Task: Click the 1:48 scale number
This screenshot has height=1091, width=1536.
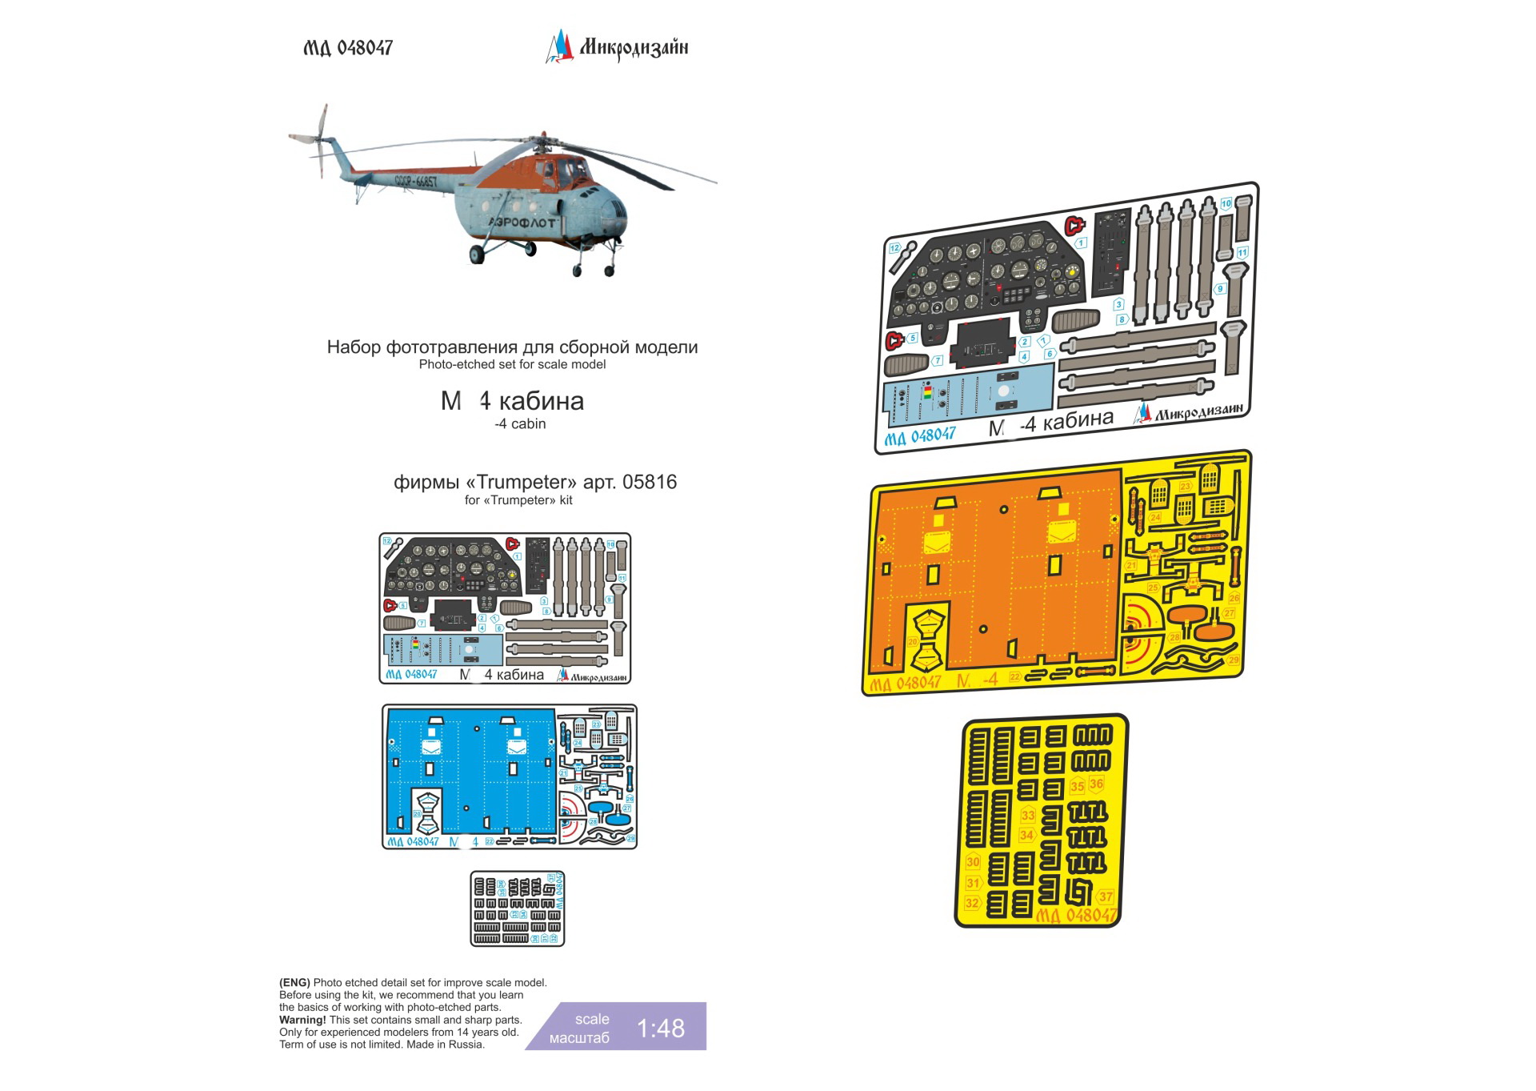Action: pos(660,1029)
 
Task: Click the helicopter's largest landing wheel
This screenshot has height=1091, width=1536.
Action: pos(477,254)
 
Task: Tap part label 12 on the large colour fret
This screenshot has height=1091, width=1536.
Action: pos(894,248)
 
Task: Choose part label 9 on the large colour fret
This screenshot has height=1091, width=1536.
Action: pos(1220,289)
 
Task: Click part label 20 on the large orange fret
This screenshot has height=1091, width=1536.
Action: pos(913,642)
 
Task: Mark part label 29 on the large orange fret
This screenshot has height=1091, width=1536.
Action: pos(1234,660)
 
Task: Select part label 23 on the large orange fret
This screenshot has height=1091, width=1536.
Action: pos(1186,486)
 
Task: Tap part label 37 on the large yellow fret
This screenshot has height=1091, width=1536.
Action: pos(1106,896)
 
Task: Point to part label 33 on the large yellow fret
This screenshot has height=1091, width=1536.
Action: pos(1028,815)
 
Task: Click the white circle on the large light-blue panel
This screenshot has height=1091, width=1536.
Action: pos(1003,392)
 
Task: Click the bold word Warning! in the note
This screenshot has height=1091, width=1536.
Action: pos(302,1020)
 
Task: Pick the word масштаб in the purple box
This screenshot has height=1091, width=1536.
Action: pos(579,1038)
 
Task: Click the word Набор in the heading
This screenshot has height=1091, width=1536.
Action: pos(354,347)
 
